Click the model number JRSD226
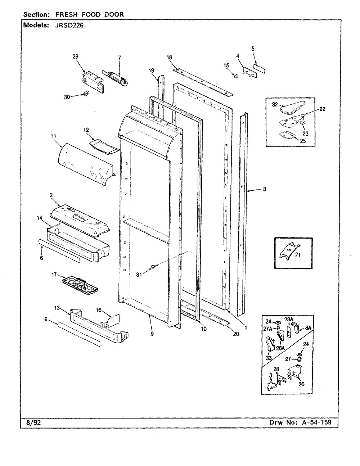(67, 26)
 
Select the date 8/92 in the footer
(34, 422)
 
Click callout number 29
(75, 56)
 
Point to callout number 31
(139, 275)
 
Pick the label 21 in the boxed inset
(298, 254)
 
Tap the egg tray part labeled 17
(80, 285)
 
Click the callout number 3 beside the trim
(264, 189)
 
